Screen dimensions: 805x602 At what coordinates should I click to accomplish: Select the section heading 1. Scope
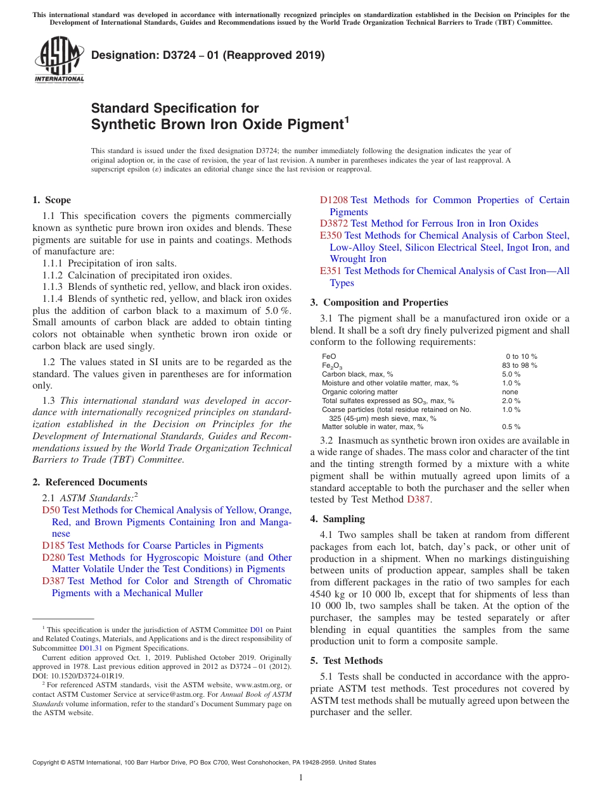(51, 200)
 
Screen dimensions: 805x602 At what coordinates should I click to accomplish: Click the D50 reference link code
(51, 510)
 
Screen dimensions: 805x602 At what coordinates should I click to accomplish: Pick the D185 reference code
(53, 546)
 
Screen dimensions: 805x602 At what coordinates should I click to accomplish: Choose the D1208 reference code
(334, 200)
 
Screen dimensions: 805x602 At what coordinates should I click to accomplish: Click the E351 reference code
(331, 271)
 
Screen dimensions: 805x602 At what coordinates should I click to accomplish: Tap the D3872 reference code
(334, 223)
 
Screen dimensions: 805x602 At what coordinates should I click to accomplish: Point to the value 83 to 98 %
(519, 365)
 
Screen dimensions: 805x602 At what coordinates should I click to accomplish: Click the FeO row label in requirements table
(329, 356)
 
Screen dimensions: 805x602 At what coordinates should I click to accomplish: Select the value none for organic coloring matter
(510, 392)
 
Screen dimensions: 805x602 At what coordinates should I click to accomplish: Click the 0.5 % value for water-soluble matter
(511, 427)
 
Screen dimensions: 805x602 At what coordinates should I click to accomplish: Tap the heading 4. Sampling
(337, 519)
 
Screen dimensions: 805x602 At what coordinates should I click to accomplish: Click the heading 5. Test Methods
(346, 661)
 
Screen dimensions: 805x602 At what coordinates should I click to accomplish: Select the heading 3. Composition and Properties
(379, 303)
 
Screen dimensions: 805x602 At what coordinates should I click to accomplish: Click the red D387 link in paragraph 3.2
(418, 500)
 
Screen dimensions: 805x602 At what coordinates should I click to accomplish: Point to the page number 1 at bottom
(301, 777)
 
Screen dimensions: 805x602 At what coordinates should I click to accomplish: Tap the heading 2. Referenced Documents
(89, 482)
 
